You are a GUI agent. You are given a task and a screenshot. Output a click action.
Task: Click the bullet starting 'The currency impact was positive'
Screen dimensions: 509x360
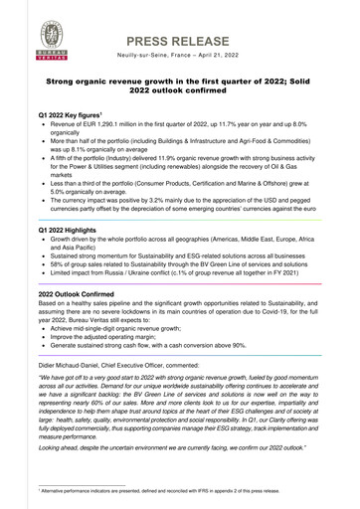pos(184,210)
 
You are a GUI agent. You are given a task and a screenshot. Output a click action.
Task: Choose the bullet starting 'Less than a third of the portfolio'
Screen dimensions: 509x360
pos(184,189)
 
